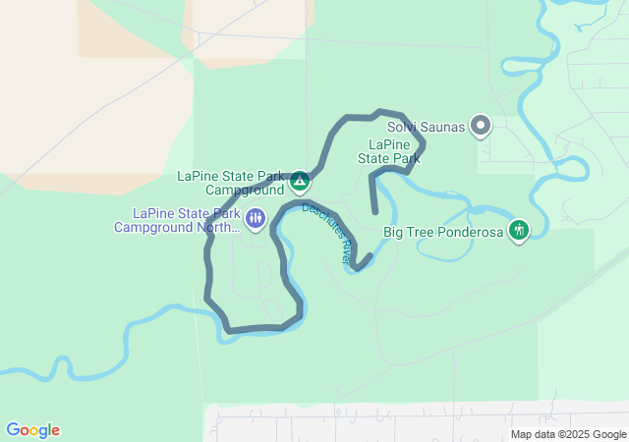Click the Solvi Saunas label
[425, 126]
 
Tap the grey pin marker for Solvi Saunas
[481, 125]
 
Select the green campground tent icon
[300, 182]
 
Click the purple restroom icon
[256, 217]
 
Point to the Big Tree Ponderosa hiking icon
[519, 231]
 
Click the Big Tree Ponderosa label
[442, 232]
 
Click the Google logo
[32, 430]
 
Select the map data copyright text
[568, 434]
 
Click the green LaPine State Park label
[388, 150]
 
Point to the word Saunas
[439, 126]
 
